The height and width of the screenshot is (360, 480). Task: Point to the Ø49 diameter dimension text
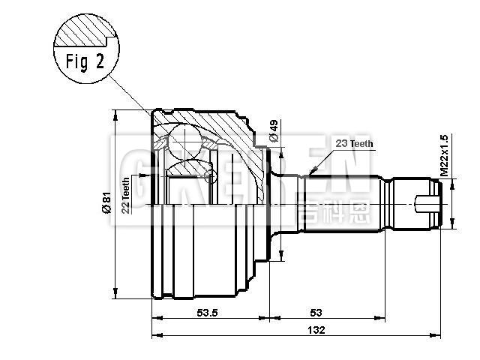pos(274,131)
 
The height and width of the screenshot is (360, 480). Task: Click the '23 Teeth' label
pos(354,143)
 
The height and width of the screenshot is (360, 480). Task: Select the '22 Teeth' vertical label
pos(126,193)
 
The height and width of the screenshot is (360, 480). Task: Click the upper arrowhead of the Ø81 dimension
pos(115,114)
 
